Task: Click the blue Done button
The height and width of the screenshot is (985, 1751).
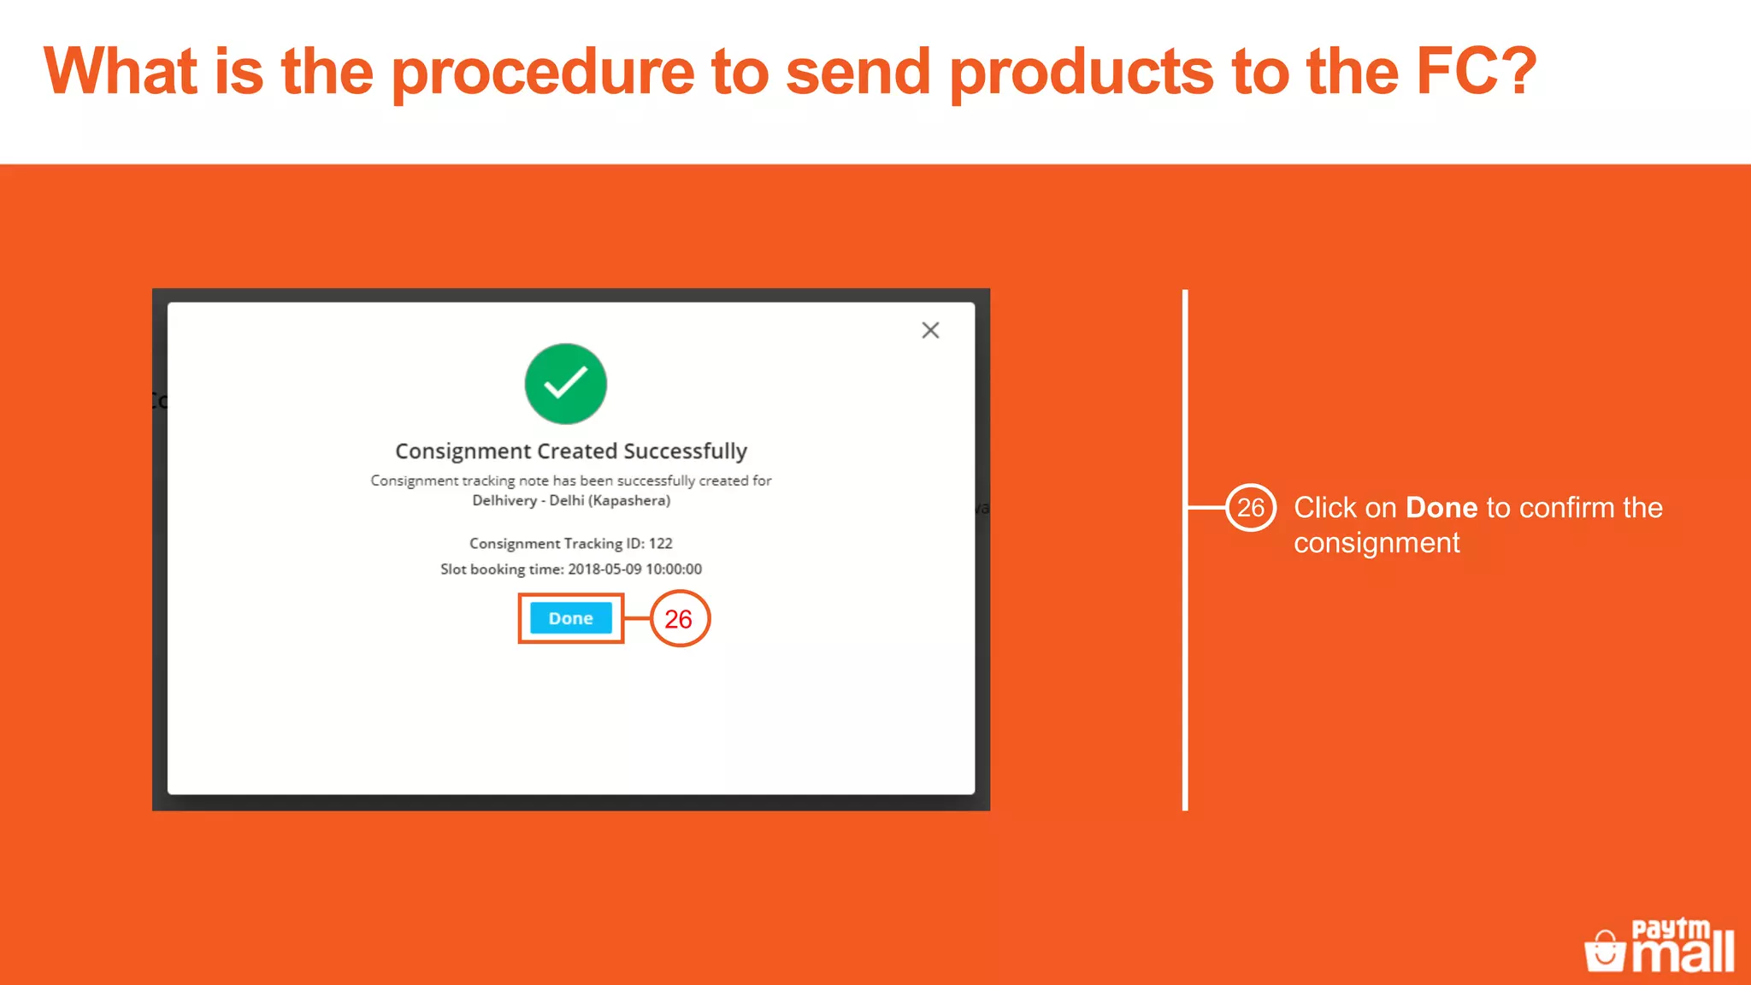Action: [x=570, y=618]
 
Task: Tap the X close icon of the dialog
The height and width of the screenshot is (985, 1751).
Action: [x=930, y=330]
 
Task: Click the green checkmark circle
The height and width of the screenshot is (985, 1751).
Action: [x=565, y=384]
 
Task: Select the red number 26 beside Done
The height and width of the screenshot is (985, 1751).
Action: [x=679, y=619]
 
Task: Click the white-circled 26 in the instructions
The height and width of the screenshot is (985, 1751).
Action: [x=1250, y=508]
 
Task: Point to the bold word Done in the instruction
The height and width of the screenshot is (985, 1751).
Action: [x=1441, y=508]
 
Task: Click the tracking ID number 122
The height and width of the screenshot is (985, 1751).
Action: [x=660, y=544]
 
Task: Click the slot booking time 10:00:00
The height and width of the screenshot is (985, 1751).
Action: [x=674, y=569]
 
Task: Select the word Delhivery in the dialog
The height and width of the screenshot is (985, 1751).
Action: [x=504, y=501]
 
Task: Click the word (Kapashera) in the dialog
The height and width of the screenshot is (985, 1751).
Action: [x=629, y=501]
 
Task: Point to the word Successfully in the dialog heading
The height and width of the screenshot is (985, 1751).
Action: [x=685, y=451]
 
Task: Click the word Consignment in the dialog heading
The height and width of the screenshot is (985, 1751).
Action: [x=463, y=451]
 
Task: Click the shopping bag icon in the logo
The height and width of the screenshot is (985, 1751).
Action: [x=1605, y=951]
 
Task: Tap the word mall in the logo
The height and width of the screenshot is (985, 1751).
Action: [x=1683, y=954]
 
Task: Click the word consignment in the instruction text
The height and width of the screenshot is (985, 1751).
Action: [x=1377, y=544]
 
